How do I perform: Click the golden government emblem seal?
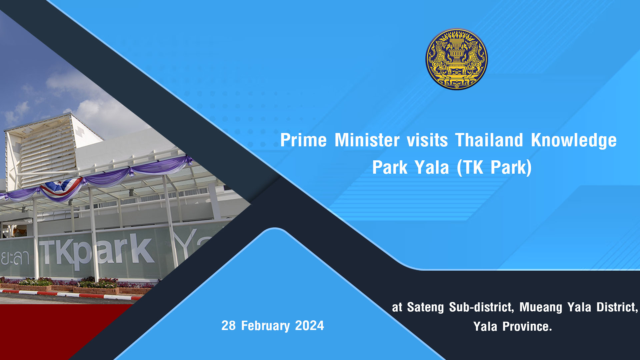(456, 59)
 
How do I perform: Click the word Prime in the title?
(303, 140)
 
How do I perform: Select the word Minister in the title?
(367, 140)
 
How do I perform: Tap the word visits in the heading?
(427, 140)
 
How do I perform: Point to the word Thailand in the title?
(489, 140)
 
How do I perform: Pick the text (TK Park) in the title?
(494, 167)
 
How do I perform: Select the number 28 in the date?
(229, 326)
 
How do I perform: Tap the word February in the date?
(265, 326)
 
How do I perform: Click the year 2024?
(309, 326)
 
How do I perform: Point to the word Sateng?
(425, 307)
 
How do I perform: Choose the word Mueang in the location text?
(541, 307)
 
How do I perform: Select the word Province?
(527, 327)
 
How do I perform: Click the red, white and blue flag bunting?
(61, 187)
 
